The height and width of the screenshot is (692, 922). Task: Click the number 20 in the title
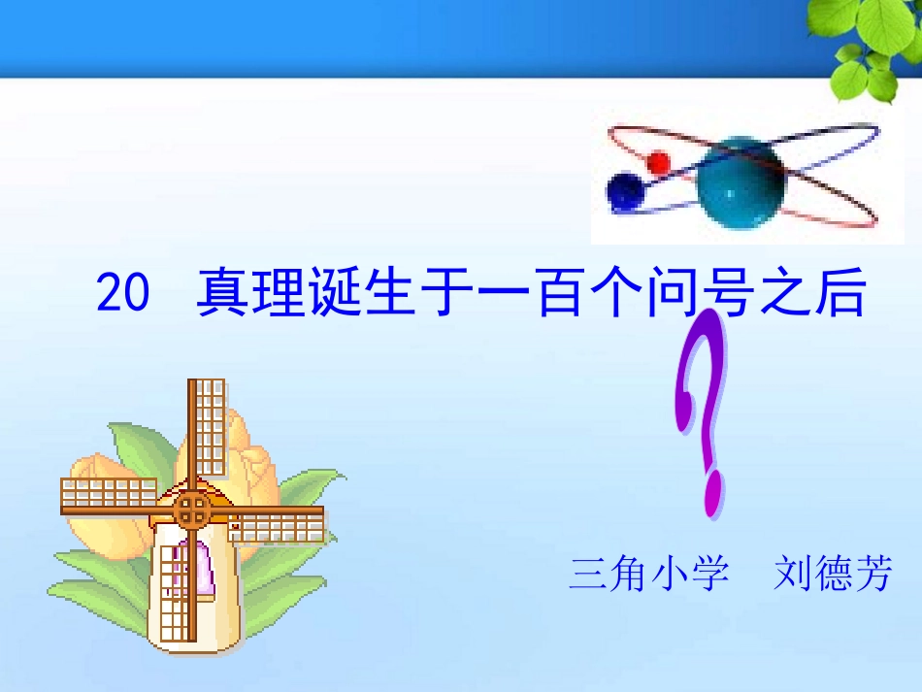[x=122, y=293]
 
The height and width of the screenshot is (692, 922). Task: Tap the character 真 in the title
[x=221, y=293]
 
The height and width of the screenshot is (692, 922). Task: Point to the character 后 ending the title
[x=840, y=293]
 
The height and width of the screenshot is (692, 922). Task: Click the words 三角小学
[x=649, y=574]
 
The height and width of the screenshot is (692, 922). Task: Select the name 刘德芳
[x=833, y=574]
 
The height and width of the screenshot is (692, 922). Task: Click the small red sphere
[x=659, y=161]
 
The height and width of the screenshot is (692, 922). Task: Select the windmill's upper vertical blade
[x=206, y=427]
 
